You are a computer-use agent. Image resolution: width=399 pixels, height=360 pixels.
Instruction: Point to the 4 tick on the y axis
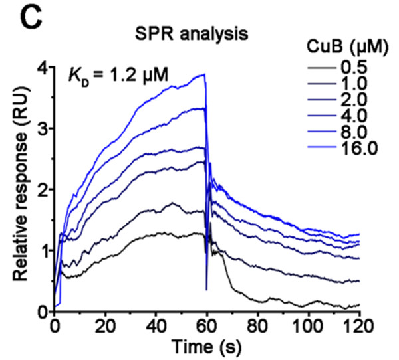tap(42, 67)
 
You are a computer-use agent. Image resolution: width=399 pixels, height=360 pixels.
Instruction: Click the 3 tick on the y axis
tap(42, 128)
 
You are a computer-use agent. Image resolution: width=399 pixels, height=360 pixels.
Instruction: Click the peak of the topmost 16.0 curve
tap(204, 74)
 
